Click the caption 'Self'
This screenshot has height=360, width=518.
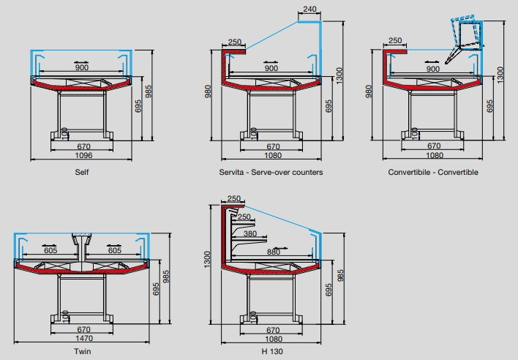tap(81, 172)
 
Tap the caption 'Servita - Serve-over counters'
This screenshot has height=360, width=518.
tap(270, 172)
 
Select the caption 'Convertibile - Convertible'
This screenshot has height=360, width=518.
tap(433, 172)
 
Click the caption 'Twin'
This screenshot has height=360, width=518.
tap(82, 351)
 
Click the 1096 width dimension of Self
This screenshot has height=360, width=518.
tap(81, 155)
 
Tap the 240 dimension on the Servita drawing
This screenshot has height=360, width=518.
tap(309, 10)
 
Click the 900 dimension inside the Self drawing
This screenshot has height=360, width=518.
tap(82, 68)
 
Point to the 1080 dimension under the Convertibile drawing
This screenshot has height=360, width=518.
tap(434, 155)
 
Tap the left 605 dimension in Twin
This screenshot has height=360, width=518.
tap(50, 250)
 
